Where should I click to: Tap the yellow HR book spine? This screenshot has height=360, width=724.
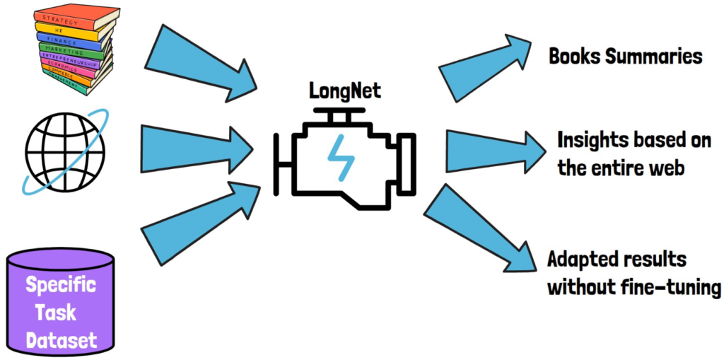pyautogui.click(x=71, y=28)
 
